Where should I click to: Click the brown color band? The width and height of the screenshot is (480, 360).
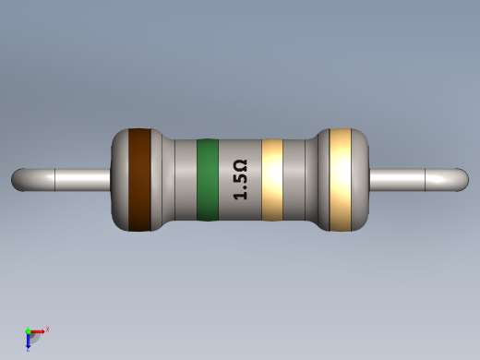tap(138, 179)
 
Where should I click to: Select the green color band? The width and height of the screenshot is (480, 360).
tap(208, 180)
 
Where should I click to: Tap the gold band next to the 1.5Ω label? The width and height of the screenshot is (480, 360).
tap(271, 180)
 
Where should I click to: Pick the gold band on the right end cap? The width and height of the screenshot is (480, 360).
tap(341, 179)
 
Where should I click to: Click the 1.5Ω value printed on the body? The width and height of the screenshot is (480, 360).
tap(240, 180)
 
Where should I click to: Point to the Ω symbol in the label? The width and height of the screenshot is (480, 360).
tap(240, 165)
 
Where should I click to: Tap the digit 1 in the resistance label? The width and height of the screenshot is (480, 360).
tap(240, 196)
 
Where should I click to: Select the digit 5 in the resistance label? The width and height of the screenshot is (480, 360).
tap(240, 181)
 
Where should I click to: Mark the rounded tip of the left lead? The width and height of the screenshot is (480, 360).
tap(18, 179)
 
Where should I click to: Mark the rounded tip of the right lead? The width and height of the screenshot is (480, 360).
tap(462, 179)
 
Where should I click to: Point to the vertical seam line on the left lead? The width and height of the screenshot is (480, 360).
tap(56, 179)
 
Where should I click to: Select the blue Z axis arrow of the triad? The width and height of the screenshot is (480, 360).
tap(29, 342)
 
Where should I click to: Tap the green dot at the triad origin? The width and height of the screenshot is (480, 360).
tap(29, 331)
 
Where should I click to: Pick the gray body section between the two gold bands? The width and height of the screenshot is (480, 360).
tap(299, 180)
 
